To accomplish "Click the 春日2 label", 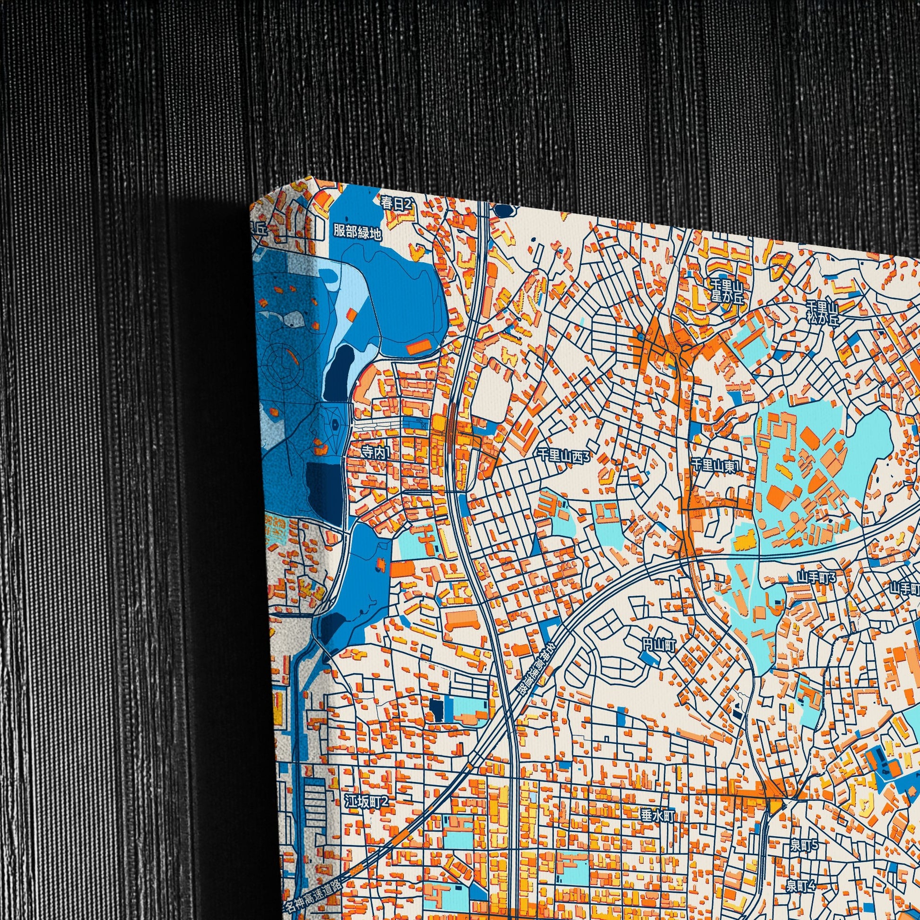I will [x=395, y=203].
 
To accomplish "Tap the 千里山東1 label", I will [x=714, y=465].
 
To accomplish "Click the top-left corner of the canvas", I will [x=251, y=206].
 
